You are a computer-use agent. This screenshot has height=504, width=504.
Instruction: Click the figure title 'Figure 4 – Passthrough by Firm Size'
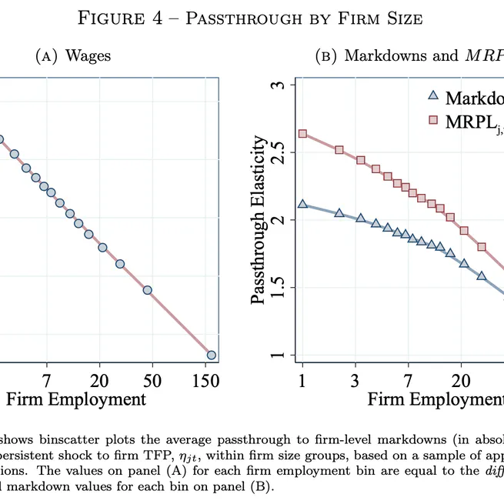(252, 18)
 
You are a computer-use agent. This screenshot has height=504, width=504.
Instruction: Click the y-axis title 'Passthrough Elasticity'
(260, 220)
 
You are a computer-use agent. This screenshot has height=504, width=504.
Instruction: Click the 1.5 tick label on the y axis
(279, 288)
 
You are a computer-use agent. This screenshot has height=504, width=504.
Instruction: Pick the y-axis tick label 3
(279, 84)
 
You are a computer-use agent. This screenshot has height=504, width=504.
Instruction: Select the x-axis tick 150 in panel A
(205, 380)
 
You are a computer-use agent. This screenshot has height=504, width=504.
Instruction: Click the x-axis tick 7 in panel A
(46, 380)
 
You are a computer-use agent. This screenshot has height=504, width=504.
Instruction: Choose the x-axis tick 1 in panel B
(302, 380)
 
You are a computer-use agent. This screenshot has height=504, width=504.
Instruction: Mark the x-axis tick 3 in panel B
(356, 380)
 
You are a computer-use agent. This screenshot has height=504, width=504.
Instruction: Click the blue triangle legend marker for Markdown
(432, 96)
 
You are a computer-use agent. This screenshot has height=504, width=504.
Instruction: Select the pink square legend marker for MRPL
(432, 120)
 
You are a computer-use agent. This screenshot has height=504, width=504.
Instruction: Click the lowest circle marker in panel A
(212, 355)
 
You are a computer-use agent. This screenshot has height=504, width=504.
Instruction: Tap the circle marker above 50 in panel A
(147, 290)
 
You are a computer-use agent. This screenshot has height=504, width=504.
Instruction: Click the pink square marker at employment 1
(302, 134)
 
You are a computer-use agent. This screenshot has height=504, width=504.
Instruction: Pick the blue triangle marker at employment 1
(302, 204)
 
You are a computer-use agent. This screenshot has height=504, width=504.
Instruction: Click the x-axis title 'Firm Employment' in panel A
(75, 399)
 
